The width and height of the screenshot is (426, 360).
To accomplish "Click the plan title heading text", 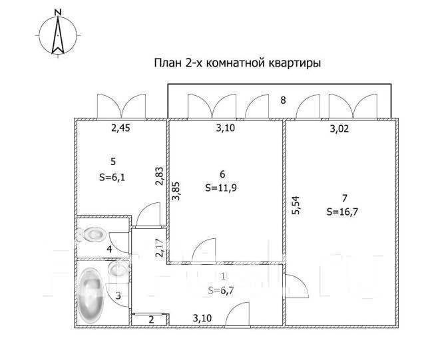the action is pos(238,64).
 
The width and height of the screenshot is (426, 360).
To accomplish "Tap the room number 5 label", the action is pos(113,160).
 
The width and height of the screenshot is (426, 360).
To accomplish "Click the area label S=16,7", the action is pos(343,212).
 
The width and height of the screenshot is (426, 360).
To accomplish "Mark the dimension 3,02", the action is pos(341,131).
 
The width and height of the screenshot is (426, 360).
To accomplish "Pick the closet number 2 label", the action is pos(150,319).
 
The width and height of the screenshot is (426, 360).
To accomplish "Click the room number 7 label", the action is pos(343,198).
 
